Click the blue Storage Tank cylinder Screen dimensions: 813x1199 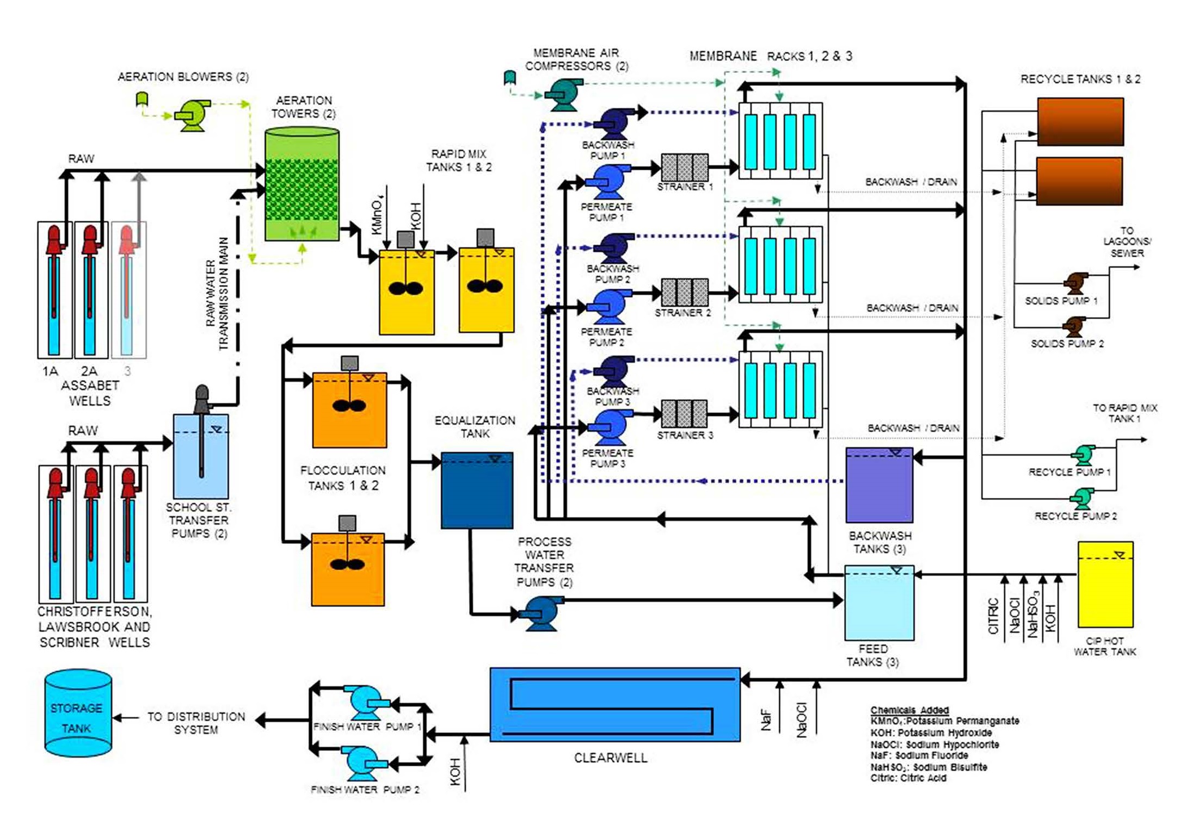(x=78, y=713)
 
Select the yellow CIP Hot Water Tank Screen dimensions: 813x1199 (x=1105, y=584)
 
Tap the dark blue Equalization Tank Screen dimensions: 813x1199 (x=477, y=490)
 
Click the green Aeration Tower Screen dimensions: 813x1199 (x=302, y=185)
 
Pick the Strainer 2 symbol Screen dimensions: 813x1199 (x=685, y=293)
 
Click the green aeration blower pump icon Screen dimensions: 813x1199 (x=192, y=115)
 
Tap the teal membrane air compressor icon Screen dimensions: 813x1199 (x=563, y=94)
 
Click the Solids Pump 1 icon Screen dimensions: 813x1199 (x=1075, y=283)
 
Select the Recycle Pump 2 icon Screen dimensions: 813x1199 (x=1081, y=498)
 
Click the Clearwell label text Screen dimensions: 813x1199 (x=610, y=758)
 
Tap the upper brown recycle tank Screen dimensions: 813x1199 (x=1080, y=122)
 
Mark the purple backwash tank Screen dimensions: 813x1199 (x=879, y=485)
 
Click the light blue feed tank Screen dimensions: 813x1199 (x=879, y=603)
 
